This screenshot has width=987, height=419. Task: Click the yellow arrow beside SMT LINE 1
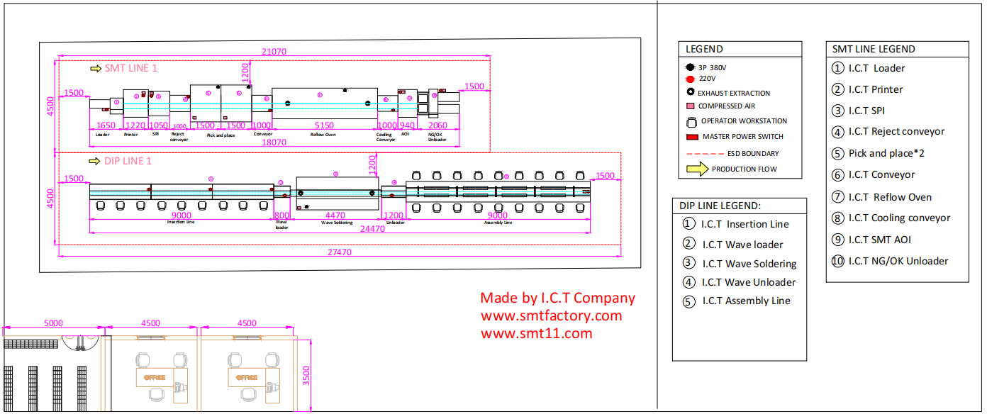tap(96, 69)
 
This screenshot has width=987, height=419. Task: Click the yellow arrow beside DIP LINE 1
tap(94, 161)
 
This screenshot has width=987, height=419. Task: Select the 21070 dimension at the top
tap(274, 51)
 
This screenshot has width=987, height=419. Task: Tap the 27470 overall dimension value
tap(339, 252)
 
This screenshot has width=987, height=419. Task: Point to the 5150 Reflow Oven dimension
tap(323, 125)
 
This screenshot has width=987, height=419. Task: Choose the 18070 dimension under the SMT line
tap(274, 142)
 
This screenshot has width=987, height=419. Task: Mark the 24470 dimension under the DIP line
tap(372, 229)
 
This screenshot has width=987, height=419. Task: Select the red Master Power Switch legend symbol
tap(692, 137)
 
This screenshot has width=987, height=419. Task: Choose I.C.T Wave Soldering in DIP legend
tap(749, 264)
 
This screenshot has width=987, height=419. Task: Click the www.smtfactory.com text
tap(551, 316)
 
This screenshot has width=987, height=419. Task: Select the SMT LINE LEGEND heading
tap(873, 50)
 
